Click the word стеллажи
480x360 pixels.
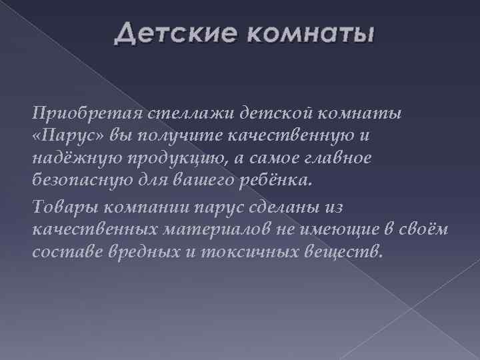click(x=173, y=113)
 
